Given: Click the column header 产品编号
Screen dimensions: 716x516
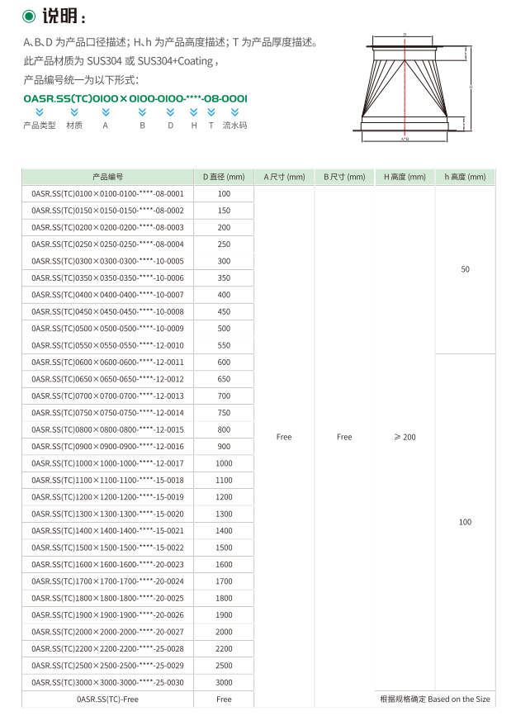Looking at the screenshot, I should pos(107,177).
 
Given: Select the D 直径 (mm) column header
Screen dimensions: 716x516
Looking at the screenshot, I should pos(224,177).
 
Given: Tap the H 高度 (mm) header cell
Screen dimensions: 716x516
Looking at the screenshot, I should pos(405,177).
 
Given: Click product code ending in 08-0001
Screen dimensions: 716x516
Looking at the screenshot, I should pos(107,193).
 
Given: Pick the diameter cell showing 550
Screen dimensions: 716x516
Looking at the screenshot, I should pos(224,345).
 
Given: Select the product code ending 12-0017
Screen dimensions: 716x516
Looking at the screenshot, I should pos(107,463).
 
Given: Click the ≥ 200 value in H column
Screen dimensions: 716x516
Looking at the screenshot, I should pos(405,437).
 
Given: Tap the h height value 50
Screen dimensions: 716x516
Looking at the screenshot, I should pos(465,270).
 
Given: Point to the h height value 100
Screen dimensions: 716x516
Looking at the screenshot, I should pos(465,522).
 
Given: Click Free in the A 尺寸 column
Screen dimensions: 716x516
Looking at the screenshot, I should pos(284,437).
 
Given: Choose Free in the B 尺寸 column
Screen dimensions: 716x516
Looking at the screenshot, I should pos(344,437).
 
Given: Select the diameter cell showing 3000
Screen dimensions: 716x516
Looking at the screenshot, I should pos(224,682).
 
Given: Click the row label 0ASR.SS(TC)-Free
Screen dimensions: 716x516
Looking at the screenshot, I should pos(107,699).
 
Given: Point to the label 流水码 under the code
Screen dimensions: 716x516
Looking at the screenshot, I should pos(234,126).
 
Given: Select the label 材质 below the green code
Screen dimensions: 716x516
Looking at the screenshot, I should pos(74,126).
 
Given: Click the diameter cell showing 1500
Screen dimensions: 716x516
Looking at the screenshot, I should pos(224,548).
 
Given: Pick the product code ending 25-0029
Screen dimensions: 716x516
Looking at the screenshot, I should pos(107,666).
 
